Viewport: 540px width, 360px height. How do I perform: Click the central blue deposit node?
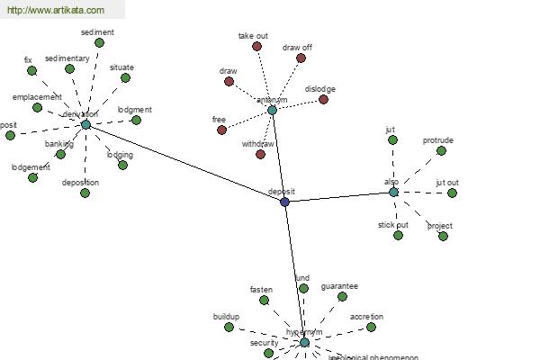(284, 202)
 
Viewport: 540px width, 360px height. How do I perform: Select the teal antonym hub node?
(272, 110)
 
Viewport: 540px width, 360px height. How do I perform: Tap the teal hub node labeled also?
(393, 192)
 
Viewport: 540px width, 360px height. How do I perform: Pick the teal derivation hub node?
(85, 124)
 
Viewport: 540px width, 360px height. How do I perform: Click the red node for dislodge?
(323, 99)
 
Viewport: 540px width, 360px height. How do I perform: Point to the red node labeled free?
(221, 130)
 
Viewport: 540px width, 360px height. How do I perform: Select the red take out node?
(256, 46)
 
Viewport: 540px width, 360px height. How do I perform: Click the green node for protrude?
(441, 150)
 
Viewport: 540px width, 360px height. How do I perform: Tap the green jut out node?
(452, 193)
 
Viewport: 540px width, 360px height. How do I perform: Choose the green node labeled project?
(443, 236)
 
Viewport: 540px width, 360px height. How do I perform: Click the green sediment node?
(99, 42)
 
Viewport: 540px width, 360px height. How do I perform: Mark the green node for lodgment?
(136, 120)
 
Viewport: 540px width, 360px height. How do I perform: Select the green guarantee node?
(342, 296)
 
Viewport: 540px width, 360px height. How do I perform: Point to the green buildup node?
(229, 327)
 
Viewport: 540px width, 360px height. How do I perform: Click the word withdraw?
(259, 144)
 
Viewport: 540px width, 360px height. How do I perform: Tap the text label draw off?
(297, 47)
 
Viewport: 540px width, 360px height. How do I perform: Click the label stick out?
(393, 224)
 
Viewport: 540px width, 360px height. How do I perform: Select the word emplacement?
(37, 96)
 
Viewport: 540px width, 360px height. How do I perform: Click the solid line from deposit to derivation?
(184, 163)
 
